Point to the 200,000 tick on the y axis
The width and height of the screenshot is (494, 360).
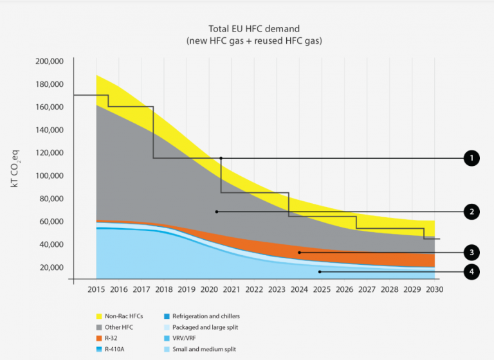pos(47,61)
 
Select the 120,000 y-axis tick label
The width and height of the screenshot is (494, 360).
pos(47,153)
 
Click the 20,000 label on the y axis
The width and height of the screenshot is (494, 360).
pos(50,267)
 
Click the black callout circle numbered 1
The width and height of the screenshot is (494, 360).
pos(471,158)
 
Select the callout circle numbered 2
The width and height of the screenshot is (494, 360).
pos(471,212)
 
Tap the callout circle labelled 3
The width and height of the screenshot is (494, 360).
pos(471,253)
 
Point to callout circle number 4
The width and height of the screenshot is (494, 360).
pos(471,272)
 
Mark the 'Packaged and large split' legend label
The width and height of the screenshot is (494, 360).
pos(205,328)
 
